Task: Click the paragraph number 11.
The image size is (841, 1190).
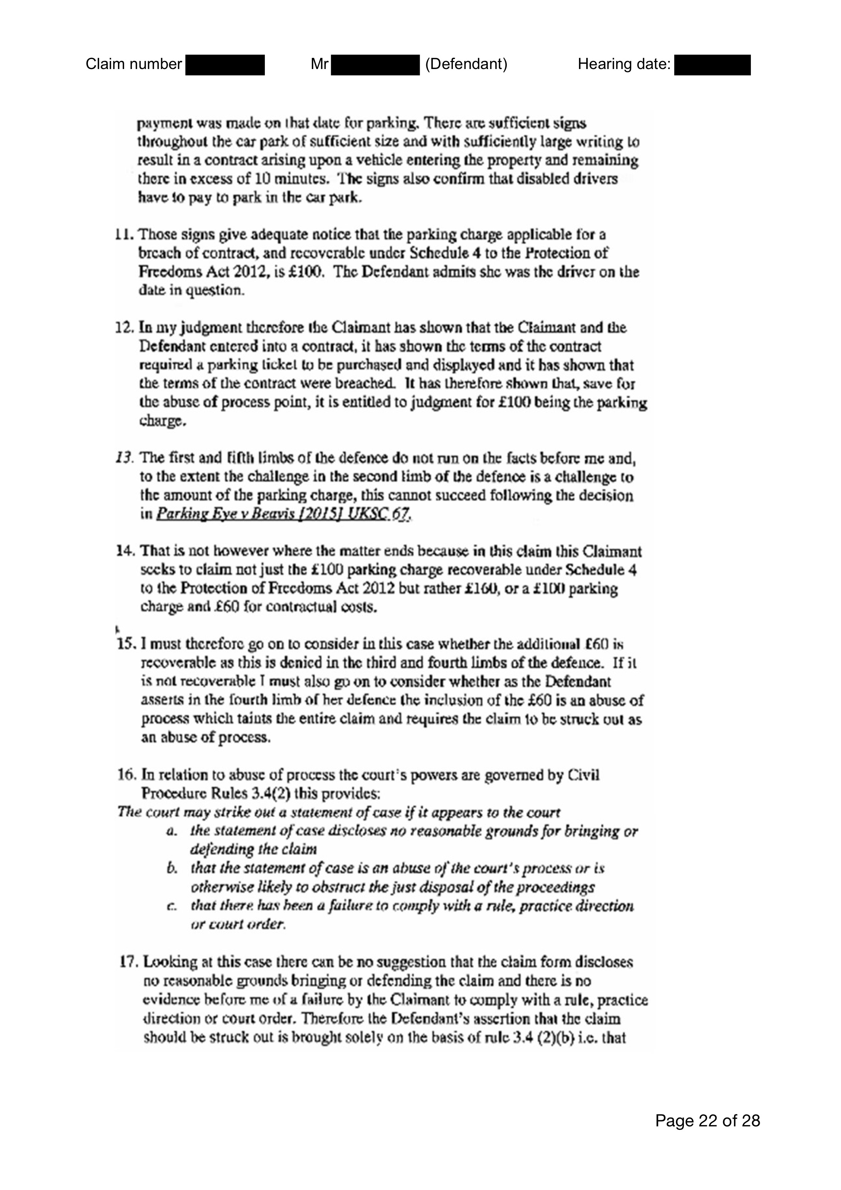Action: [124, 235]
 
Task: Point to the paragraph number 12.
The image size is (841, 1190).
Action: [124, 327]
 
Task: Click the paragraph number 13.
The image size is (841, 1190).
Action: [124, 458]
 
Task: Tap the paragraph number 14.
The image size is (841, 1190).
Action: [126, 551]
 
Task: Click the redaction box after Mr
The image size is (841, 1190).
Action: [375, 65]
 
